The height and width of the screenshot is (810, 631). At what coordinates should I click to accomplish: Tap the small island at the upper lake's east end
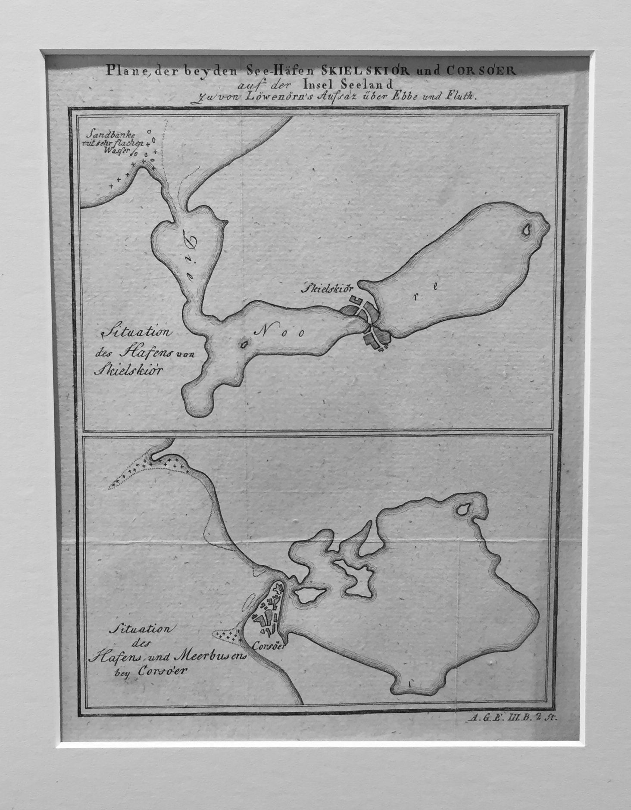coord(526,231)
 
